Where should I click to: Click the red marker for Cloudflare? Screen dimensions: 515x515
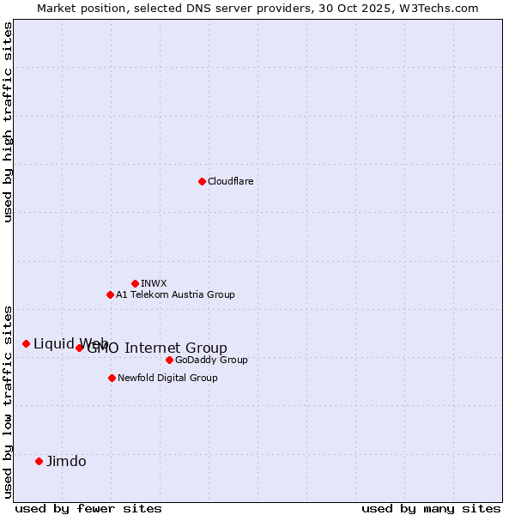pyautogui.click(x=202, y=181)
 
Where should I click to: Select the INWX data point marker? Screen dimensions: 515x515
pyautogui.click(x=135, y=283)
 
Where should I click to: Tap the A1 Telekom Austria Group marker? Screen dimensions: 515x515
pyautogui.click(x=110, y=294)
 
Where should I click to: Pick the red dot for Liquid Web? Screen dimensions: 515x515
pyautogui.click(x=26, y=343)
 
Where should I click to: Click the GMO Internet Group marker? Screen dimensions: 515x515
pyautogui.click(x=79, y=348)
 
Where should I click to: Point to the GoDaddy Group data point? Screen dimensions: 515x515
pyautogui.click(x=169, y=360)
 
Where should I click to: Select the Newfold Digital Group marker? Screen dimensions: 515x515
pyautogui.click(x=112, y=378)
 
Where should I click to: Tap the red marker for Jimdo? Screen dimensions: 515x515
pyautogui.click(x=39, y=461)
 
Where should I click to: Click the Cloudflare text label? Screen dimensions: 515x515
pyautogui.click(x=230, y=181)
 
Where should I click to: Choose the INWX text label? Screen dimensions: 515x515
pyautogui.click(x=154, y=283)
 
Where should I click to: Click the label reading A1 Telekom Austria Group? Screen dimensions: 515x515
pyautogui.click(x=175, y=294)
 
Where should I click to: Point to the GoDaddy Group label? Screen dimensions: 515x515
pyautogui.click(x=211, y=360)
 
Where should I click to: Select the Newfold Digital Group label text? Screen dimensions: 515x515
pyautogui.click(x=167, y=378)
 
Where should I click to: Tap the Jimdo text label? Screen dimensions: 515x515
pyautogui.click(x=66, y=461)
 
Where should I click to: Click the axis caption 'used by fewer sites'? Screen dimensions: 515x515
pyautogui.click(x=88, y=508)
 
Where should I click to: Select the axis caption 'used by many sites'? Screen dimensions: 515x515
pyautogui.click(x=431, y=508)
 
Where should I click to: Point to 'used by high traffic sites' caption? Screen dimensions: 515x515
pyautogui.click(x=8, y=122)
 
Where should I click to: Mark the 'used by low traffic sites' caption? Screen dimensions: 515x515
pyautogui.click(x=8, y=402)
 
